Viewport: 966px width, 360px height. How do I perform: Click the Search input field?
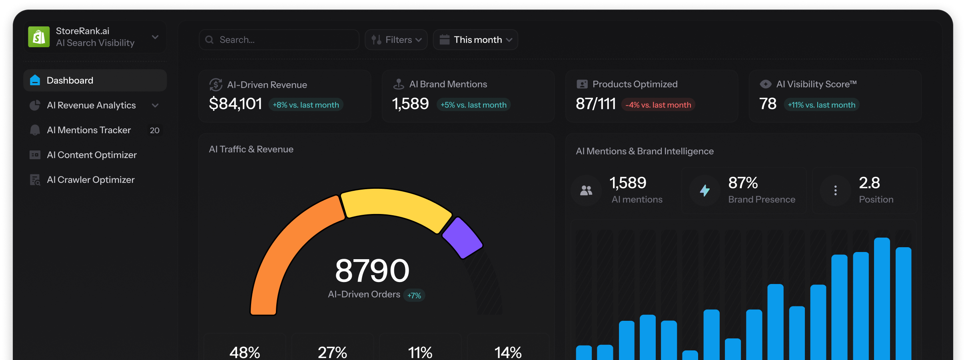tap(279, 40)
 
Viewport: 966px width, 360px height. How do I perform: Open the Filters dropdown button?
tap(396, 40)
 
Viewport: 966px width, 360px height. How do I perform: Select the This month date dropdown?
tap(475, 40)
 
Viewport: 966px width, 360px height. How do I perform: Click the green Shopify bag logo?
tap(39, 37)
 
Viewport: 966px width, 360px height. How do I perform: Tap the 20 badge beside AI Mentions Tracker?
tap(154, 130)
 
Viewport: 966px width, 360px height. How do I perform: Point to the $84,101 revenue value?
tap(236, 104)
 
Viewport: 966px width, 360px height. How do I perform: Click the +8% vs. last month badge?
tap(306, 105)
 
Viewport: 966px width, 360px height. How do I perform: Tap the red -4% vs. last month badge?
tap(658, 105)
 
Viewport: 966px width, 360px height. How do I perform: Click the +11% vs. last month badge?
tap(821, 105)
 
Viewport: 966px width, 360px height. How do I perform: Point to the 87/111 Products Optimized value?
tap(596, 104)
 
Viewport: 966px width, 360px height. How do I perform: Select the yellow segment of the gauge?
tap(396, 204)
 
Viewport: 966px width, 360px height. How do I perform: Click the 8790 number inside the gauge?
tap(372, 270)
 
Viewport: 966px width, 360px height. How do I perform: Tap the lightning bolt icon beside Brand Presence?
tap(705, 190)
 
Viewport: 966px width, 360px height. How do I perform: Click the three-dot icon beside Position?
tap(835, 190)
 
